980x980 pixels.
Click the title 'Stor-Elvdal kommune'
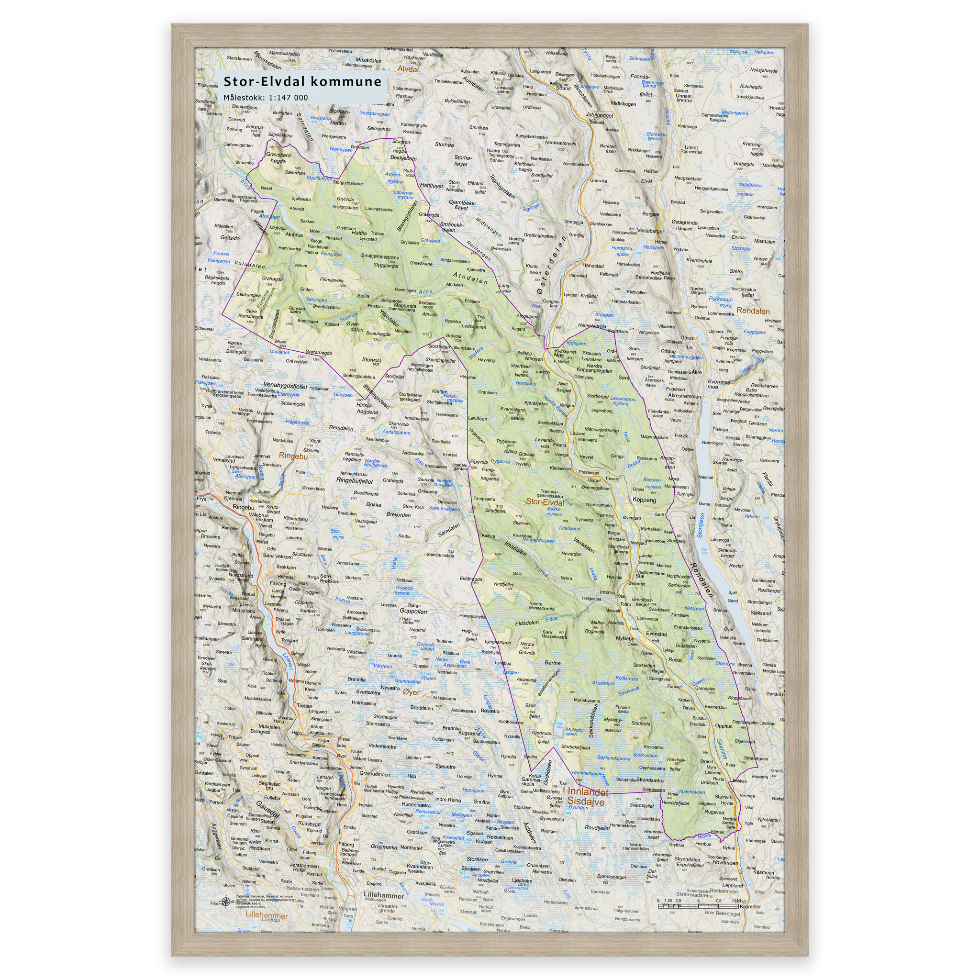302,82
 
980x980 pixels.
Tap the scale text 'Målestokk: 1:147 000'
265,98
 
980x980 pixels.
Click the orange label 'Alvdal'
408,69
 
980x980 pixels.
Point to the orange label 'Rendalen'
753,312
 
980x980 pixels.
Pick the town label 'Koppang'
644,500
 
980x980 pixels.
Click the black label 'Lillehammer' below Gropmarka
383,896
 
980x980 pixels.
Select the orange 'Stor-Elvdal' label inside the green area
545,501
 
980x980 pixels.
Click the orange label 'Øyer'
412,692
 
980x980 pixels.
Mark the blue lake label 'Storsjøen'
701,525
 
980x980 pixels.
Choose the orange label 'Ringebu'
293,456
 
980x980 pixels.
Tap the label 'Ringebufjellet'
355,480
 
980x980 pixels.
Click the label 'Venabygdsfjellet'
285,386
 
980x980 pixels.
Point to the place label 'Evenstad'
657,634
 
